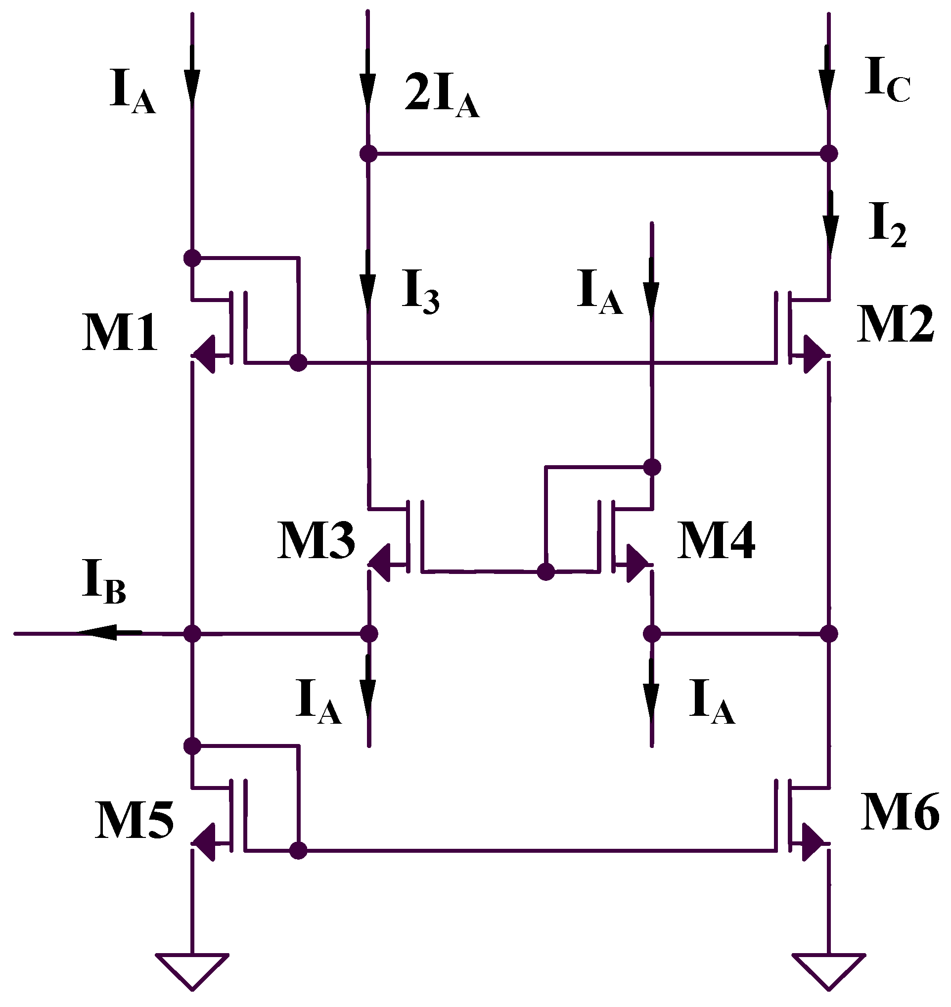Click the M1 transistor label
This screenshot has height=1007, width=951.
coord(120,333)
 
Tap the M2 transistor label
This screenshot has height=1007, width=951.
coord(895,324)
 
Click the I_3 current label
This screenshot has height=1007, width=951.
coord(420,291)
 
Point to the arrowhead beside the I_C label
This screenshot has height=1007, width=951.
coord(827,91)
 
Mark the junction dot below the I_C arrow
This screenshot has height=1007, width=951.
coord(829,153)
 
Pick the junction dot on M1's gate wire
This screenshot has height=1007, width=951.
coord(298,362)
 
